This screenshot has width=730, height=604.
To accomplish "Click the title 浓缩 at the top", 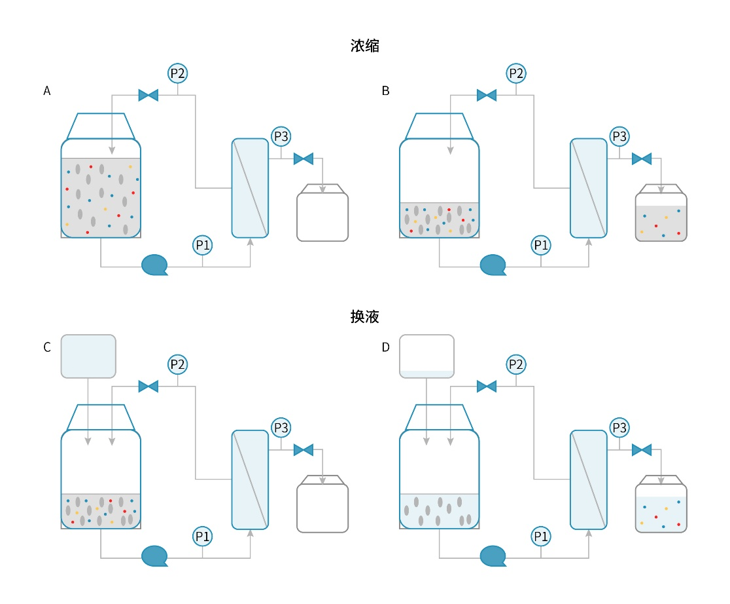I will tap(365, 47).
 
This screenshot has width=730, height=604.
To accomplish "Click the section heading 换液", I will tap(365, 316).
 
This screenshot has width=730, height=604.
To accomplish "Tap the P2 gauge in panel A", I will tap(178, 73).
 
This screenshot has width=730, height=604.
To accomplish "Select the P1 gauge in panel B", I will tap(541, 245).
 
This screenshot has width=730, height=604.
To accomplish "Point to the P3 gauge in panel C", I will tap(281, 428).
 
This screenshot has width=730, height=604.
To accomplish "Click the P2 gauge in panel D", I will tap(516, 364).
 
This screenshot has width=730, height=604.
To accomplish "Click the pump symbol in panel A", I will tap(155, 265).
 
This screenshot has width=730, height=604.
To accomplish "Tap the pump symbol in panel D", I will tap(493, 556).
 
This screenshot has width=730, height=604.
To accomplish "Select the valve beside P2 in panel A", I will tap(148, 96).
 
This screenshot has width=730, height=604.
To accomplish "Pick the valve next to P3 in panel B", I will tap(642, 159).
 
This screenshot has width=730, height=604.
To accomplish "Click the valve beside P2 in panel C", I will tap(148, 387).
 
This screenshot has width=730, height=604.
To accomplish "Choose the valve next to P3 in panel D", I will tap(642, 449).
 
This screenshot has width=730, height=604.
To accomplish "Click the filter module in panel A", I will tap(250, 188).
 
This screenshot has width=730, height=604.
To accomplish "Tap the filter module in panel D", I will tap(588, 480).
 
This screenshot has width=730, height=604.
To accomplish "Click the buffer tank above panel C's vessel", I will tap(88, 356).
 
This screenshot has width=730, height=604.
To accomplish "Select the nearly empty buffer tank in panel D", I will tap(426, 356).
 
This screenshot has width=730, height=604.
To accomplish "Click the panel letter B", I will tap(385, 91).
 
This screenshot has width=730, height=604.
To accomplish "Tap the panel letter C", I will tap(47, 347).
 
